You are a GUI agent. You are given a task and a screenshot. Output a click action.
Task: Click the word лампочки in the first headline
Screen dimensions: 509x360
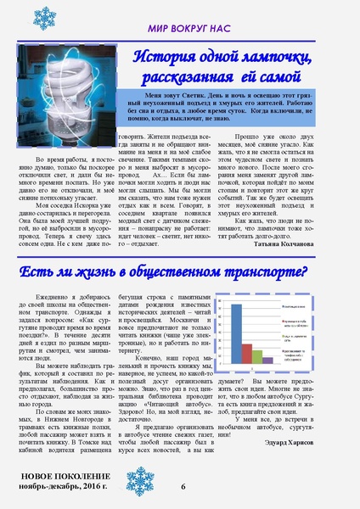coord(264,58)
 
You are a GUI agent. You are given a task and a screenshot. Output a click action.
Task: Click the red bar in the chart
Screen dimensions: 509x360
coord(247,353)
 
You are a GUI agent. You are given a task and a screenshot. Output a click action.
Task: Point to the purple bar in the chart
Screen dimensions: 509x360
coord(267,360)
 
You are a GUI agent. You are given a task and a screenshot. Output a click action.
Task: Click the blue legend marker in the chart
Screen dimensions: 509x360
coord(284,300)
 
